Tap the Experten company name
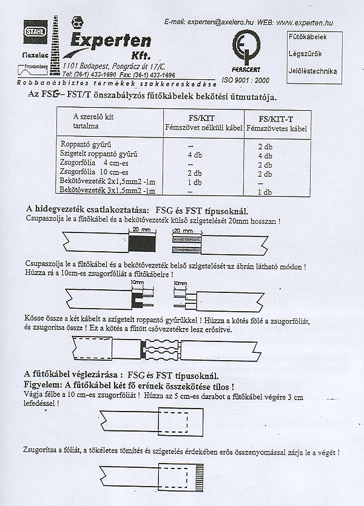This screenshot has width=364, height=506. point(110,40)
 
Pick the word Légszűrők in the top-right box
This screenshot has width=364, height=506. point(305,54)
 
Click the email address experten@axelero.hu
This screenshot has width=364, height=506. point(218,22)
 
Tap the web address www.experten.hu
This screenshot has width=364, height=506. point(305,22)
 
